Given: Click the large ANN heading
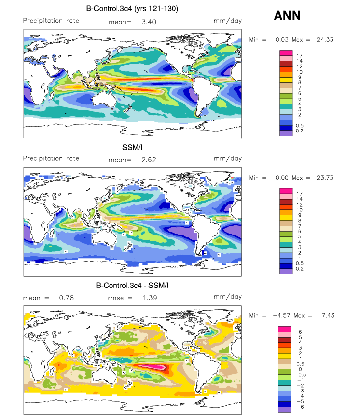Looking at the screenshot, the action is click(287, 15).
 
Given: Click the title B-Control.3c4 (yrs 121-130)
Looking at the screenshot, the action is click(132, 9).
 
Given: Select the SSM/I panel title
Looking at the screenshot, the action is click(132, 147).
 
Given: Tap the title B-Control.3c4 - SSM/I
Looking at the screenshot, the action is click(132, 286).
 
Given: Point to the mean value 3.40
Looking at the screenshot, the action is click(149, 22).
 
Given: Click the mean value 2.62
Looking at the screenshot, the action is click(149, 160).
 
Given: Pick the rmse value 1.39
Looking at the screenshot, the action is click(150, 298).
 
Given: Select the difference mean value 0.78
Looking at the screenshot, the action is click(66, 298).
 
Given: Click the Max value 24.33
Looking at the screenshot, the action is click(325, 40).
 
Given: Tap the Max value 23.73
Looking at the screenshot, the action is click(325, 178).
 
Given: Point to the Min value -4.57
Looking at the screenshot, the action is click(281, 315).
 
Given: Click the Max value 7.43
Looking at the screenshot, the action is click(328, 315).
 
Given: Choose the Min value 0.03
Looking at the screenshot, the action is click(282, 40).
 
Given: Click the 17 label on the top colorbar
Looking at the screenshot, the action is click(299, 56).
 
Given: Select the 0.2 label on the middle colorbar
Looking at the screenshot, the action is click(299, 269).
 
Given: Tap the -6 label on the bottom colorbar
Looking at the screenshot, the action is click(300, 407).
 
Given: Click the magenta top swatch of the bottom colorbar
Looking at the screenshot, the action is click(285, 329).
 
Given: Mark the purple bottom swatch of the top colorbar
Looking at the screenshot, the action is click(286, 133).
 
